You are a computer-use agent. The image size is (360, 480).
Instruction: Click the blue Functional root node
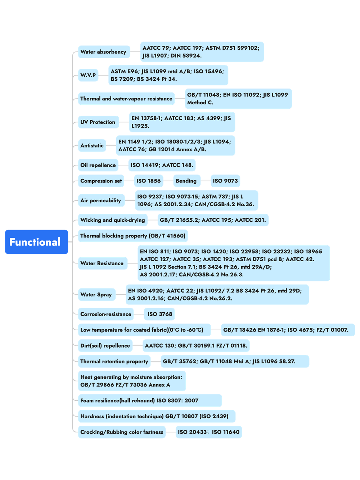36,242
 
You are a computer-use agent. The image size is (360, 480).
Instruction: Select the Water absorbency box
104,52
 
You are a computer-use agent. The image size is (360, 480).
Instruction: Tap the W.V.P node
88,75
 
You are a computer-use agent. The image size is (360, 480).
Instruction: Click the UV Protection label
98,122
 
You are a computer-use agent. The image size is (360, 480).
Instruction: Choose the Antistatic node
92,145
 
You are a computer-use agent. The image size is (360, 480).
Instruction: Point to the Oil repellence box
98,165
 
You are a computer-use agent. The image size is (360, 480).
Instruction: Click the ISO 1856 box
149,181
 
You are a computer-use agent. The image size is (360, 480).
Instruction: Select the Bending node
187,181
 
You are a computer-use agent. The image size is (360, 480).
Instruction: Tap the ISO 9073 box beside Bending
225,181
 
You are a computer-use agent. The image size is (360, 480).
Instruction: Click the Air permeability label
102,200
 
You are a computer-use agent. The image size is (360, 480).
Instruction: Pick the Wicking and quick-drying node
113,220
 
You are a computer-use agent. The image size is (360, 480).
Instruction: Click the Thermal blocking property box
133,236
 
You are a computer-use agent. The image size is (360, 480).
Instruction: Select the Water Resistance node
103,263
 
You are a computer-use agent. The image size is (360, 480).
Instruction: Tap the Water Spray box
97,295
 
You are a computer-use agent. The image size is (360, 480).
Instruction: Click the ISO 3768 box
159,314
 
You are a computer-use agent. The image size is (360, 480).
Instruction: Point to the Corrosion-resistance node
106,314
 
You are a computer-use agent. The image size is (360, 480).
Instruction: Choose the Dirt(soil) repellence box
105,345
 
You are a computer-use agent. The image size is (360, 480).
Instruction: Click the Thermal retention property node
114,361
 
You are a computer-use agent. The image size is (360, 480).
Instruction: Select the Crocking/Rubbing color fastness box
122,432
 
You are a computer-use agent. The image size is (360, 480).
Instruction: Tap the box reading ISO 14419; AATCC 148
162,165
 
